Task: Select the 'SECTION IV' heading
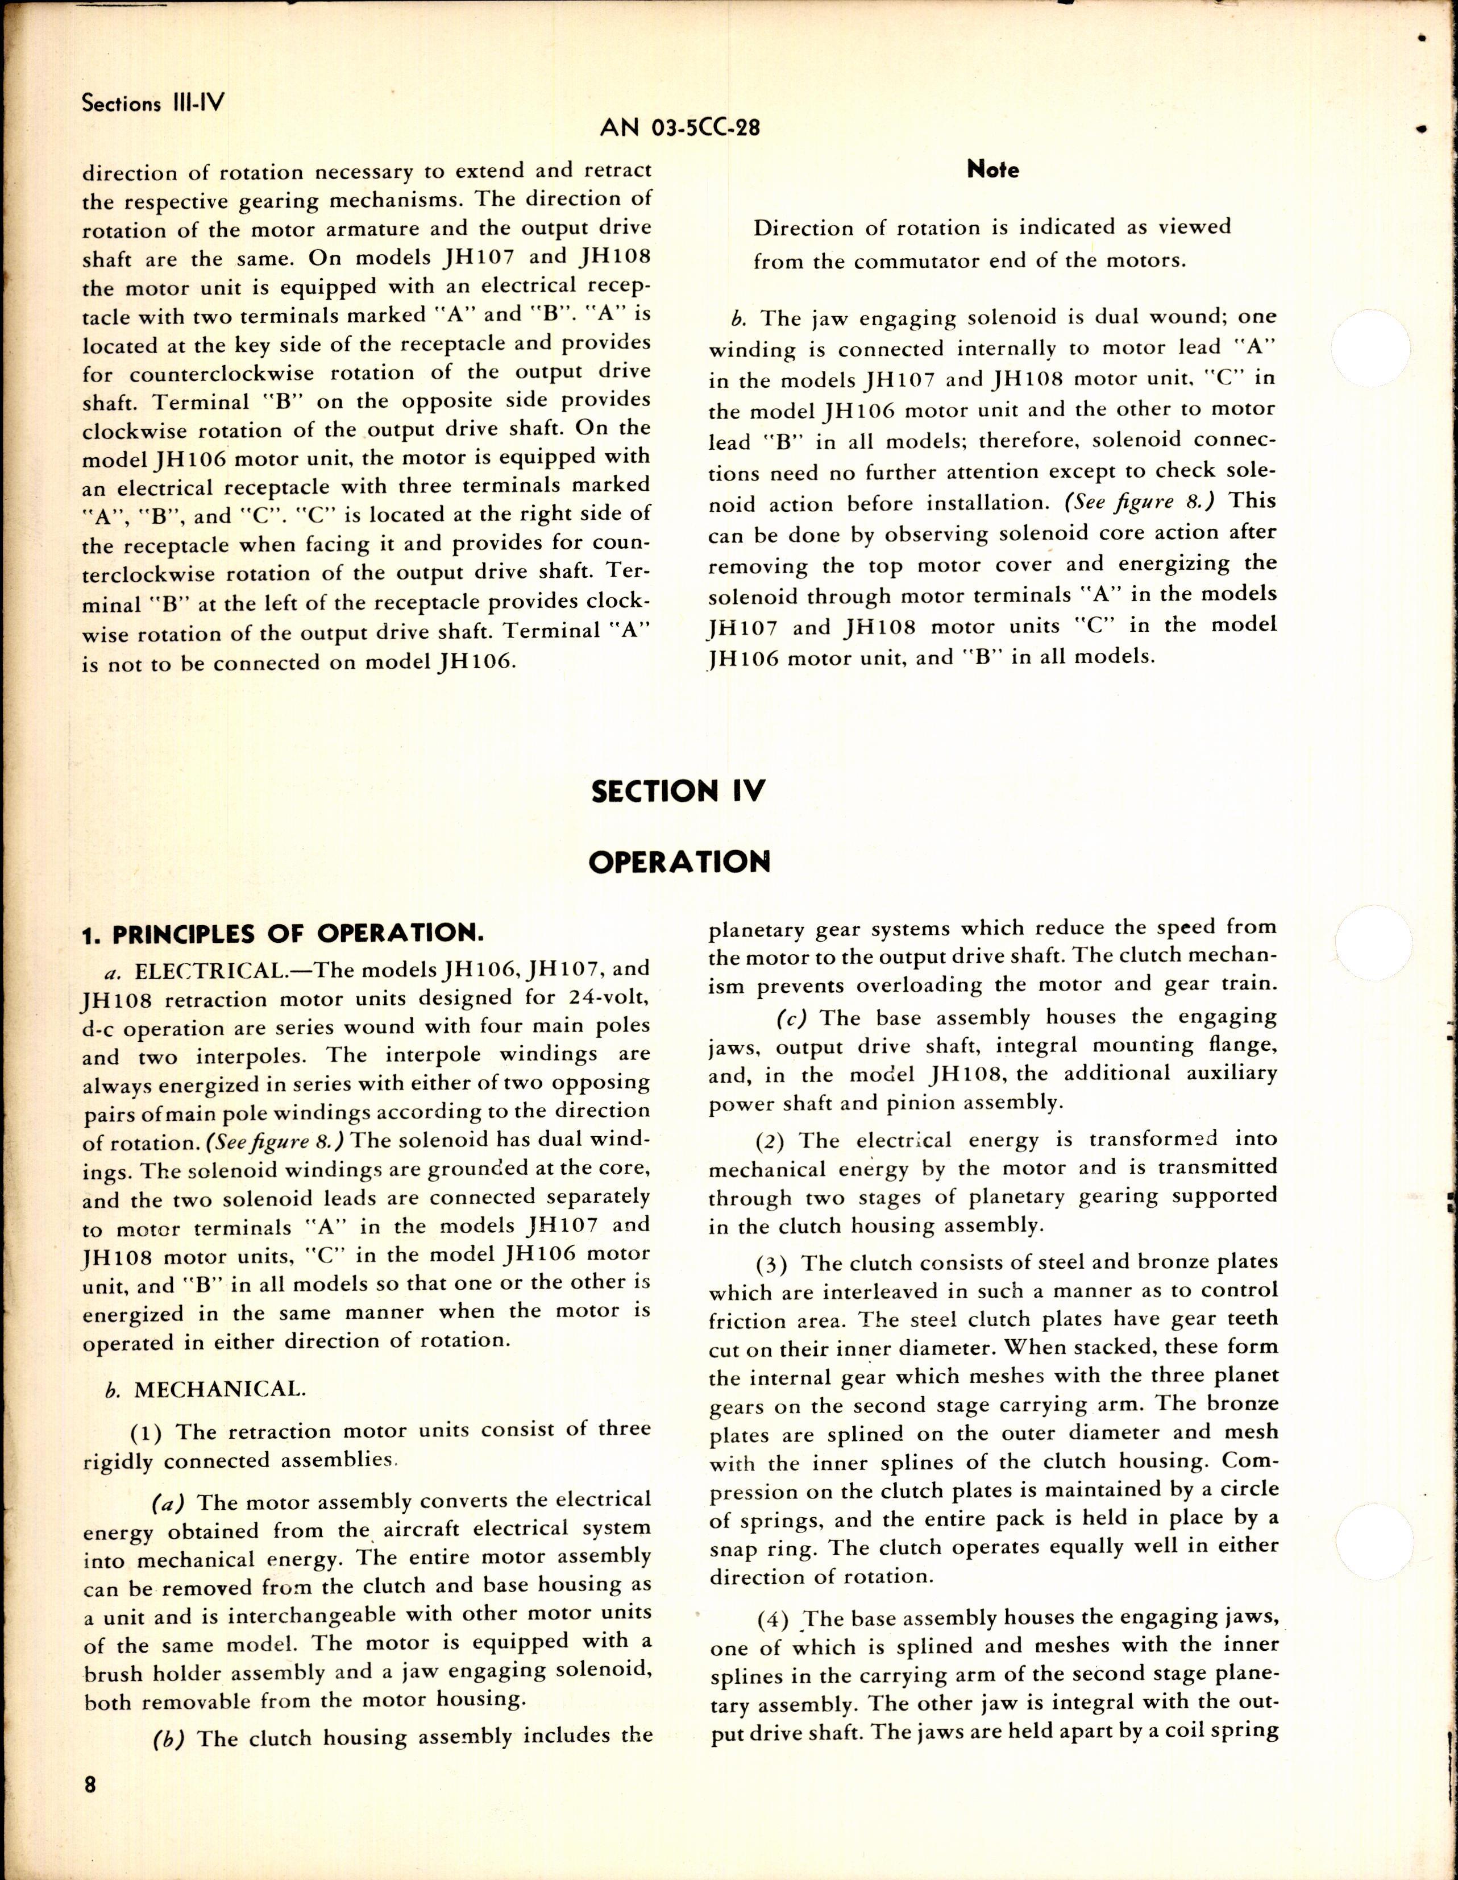tap(678, 790)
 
